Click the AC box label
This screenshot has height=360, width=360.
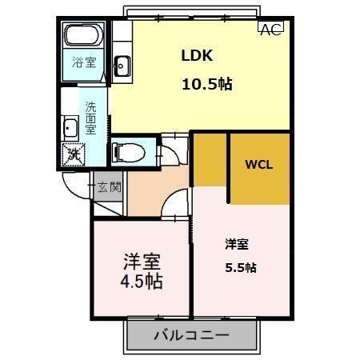pyautogui.click(x=270, y=29)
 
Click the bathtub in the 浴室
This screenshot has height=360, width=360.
pyautogui.click(x=84, y=36)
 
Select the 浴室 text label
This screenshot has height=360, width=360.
pyautogui.click(x=83, y=62)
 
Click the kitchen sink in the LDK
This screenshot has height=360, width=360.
pyautogui.click(x=122, y=66)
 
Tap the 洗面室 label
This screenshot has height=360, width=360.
pyautogui.click(x=92, y=117)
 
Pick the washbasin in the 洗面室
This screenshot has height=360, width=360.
pyautogui.click(x=70, y=128)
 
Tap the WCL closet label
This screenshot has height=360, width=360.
pyautogui.click(x=258, y=166)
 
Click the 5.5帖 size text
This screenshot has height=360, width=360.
pyautogui.click(x=240, y=267)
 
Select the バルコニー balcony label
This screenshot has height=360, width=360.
pyautogui.click(x=191, y=335)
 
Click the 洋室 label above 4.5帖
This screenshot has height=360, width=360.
pyautogui.click(x=142, y=261)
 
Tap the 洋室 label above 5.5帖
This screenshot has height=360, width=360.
pyautogui.click(x=235, y=243)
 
